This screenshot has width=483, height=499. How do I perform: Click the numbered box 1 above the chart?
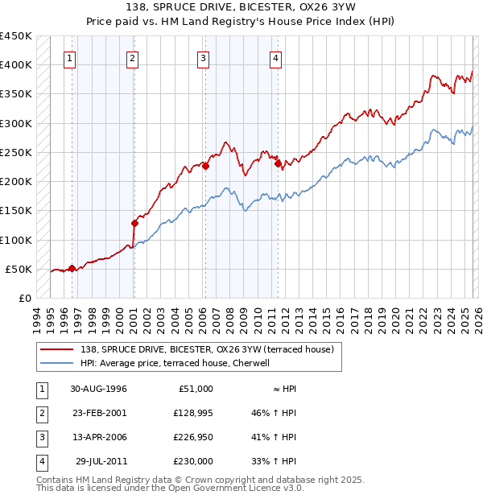(71, 57)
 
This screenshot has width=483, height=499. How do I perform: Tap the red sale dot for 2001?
(135, 223)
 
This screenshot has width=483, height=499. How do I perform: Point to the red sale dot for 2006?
(205, 167)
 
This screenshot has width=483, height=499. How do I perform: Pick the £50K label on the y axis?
(19, 269)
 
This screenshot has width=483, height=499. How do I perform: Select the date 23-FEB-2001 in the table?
(98, 413)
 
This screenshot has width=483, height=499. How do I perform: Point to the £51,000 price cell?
(194, 389)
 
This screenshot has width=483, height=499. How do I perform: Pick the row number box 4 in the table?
(41, 461)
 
